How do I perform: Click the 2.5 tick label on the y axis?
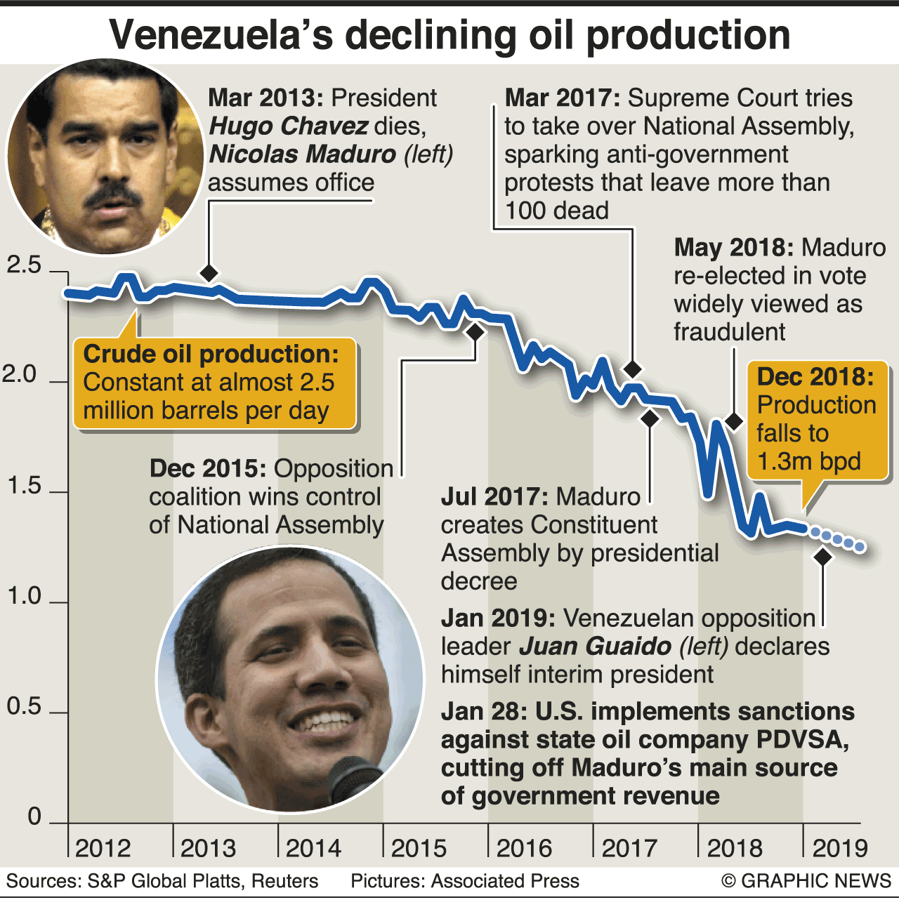pyautogui.click(x=24, y=265)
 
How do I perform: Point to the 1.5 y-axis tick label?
pyautogui.click(x=24, y=486)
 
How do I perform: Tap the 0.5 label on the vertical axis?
pyautogui.click(x=24, y=706)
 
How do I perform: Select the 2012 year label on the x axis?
pyautogui.click(x=103, y=848)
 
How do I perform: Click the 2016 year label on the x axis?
pyautogui.click(x=524, y=848)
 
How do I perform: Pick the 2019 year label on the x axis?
pyautogui.click(x=840, y=848)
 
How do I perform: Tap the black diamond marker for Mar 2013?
pyautogui.click(x=209, y=272)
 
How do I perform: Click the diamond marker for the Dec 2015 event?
pyautogui.click(x=475, y=332)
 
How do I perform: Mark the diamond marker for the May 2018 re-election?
pyautogui.click(x=734, y=421)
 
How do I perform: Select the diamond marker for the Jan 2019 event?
pyautogui.click(x=822, y=557)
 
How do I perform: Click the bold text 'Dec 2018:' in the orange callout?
pyautogui.click(x=815, y=377)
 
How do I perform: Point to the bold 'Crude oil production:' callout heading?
pyautogui.click(x=211, y=354)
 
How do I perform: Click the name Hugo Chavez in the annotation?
pyautogui.click(x=289, y=126)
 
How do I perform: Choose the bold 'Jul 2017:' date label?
pyautogui.click(x=494, y=497)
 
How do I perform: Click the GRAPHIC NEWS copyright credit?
pyautogui.click(x=806, y=881)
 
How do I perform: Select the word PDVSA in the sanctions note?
pyautogui.click(x=801, y=740)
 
